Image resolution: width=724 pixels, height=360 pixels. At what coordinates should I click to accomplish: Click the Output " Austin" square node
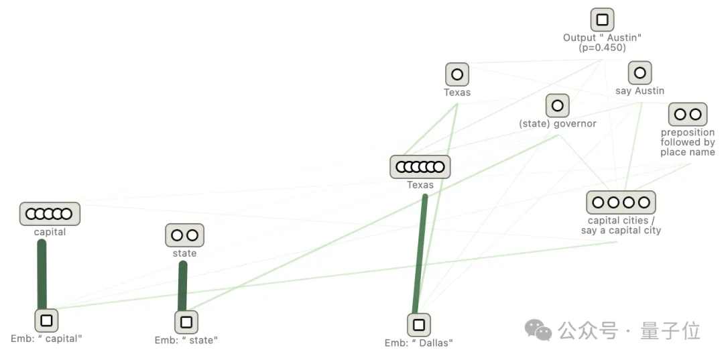(602, 19)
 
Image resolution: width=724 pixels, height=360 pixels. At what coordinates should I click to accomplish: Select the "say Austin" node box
(640, 73)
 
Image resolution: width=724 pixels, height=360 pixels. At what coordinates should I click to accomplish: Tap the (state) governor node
(557, 105)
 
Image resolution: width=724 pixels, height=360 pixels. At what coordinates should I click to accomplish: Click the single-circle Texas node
(457, 74)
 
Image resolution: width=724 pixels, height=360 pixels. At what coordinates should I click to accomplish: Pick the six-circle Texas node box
(420, 167)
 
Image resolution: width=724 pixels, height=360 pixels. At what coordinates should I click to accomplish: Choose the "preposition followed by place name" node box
(688, 115)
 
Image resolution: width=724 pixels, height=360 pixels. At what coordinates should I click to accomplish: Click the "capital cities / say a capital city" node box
(621, 202)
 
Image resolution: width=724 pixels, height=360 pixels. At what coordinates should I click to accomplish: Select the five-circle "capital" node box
(50, 214)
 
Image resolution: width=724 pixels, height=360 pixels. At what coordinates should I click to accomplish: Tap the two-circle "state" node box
(184, 235)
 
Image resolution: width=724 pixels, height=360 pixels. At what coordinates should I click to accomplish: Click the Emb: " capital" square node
(46, 320)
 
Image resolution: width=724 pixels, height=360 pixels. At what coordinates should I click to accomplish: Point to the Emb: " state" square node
(186, 322)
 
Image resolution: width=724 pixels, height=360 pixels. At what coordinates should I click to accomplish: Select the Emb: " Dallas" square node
(419, 325)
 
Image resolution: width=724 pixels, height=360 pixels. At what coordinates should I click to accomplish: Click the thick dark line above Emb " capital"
(42, 275)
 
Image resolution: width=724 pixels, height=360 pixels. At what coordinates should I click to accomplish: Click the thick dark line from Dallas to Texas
(421, 255)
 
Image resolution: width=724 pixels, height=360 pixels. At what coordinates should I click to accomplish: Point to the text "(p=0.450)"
(602, 48)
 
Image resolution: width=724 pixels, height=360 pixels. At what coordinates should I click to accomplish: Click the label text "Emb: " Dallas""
(419, 343)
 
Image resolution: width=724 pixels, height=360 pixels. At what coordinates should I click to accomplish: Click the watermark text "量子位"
(670, 331)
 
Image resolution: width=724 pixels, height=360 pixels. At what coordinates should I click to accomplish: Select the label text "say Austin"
(640, 91)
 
